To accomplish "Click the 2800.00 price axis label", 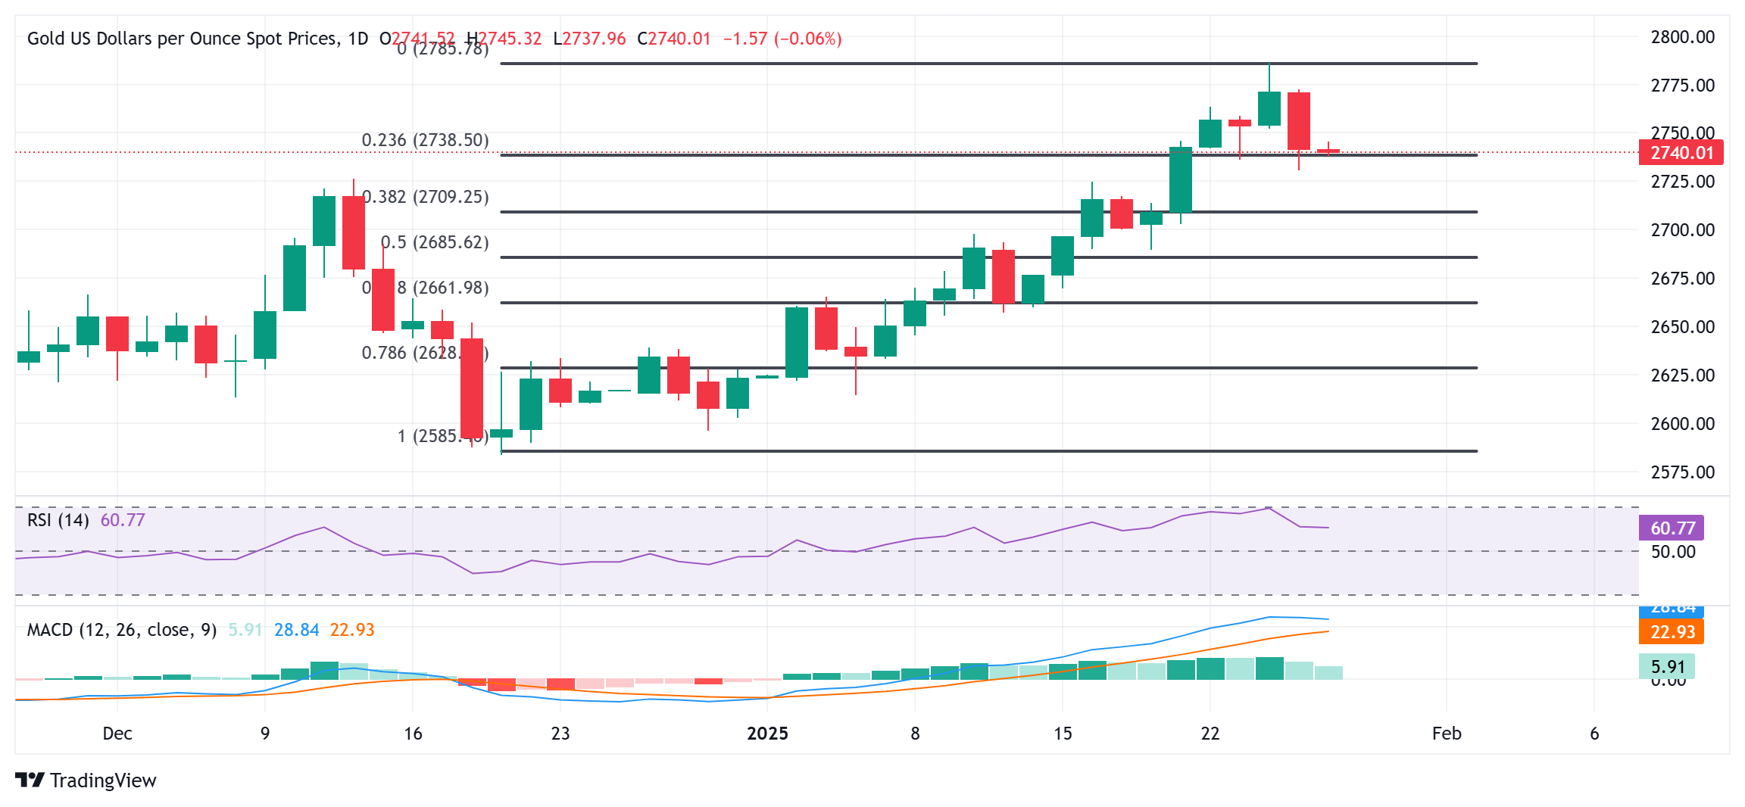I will click(x=1682, y=37).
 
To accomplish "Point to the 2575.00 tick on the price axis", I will click(x=1682, y=472).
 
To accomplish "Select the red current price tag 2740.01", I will click(x=1681, y=153).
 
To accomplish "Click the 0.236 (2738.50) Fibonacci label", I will click(x=425, y=140).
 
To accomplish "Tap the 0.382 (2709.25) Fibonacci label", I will click(x=426, y=197).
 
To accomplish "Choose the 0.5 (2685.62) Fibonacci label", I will click(x=435, y=242).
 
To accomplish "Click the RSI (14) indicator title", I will click(x=58, y=520).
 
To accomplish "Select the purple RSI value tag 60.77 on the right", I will click(x=1672, y=528).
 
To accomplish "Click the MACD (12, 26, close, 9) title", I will click(x=122, y=630).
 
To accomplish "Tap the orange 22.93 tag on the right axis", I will click(x=1672, y=631).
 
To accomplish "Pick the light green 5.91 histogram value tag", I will click(x=1667, y=667).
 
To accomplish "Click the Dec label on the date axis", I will click(x=117, y=734).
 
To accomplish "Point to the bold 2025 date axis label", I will click(x=767, y=734).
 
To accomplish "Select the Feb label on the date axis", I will click(x=1446, y=734).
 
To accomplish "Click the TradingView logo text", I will click(x=103, y=781).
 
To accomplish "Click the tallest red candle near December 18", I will click(x=472, y=388).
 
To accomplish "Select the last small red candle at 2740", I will click(x=1328, y=151).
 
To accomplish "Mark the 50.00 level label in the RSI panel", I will click(x=1672, y=552).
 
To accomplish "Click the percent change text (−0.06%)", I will click(x=807, y=39).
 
